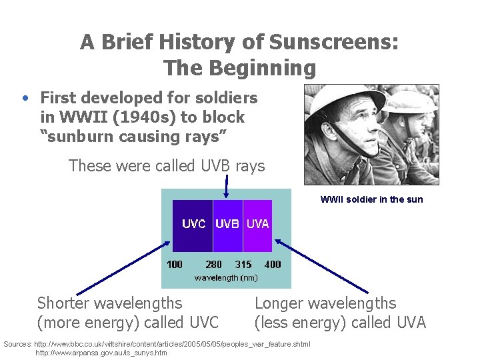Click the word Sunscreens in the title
333,43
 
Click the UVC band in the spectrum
193,225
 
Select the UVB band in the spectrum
227,225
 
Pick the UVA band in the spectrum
258,225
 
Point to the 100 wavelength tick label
174,265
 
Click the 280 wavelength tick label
213,265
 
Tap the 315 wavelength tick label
243,265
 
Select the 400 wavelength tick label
273,265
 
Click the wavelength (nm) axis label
226,277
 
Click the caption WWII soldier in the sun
371,199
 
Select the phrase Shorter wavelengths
109,303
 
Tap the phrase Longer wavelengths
325,303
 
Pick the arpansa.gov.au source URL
101,353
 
